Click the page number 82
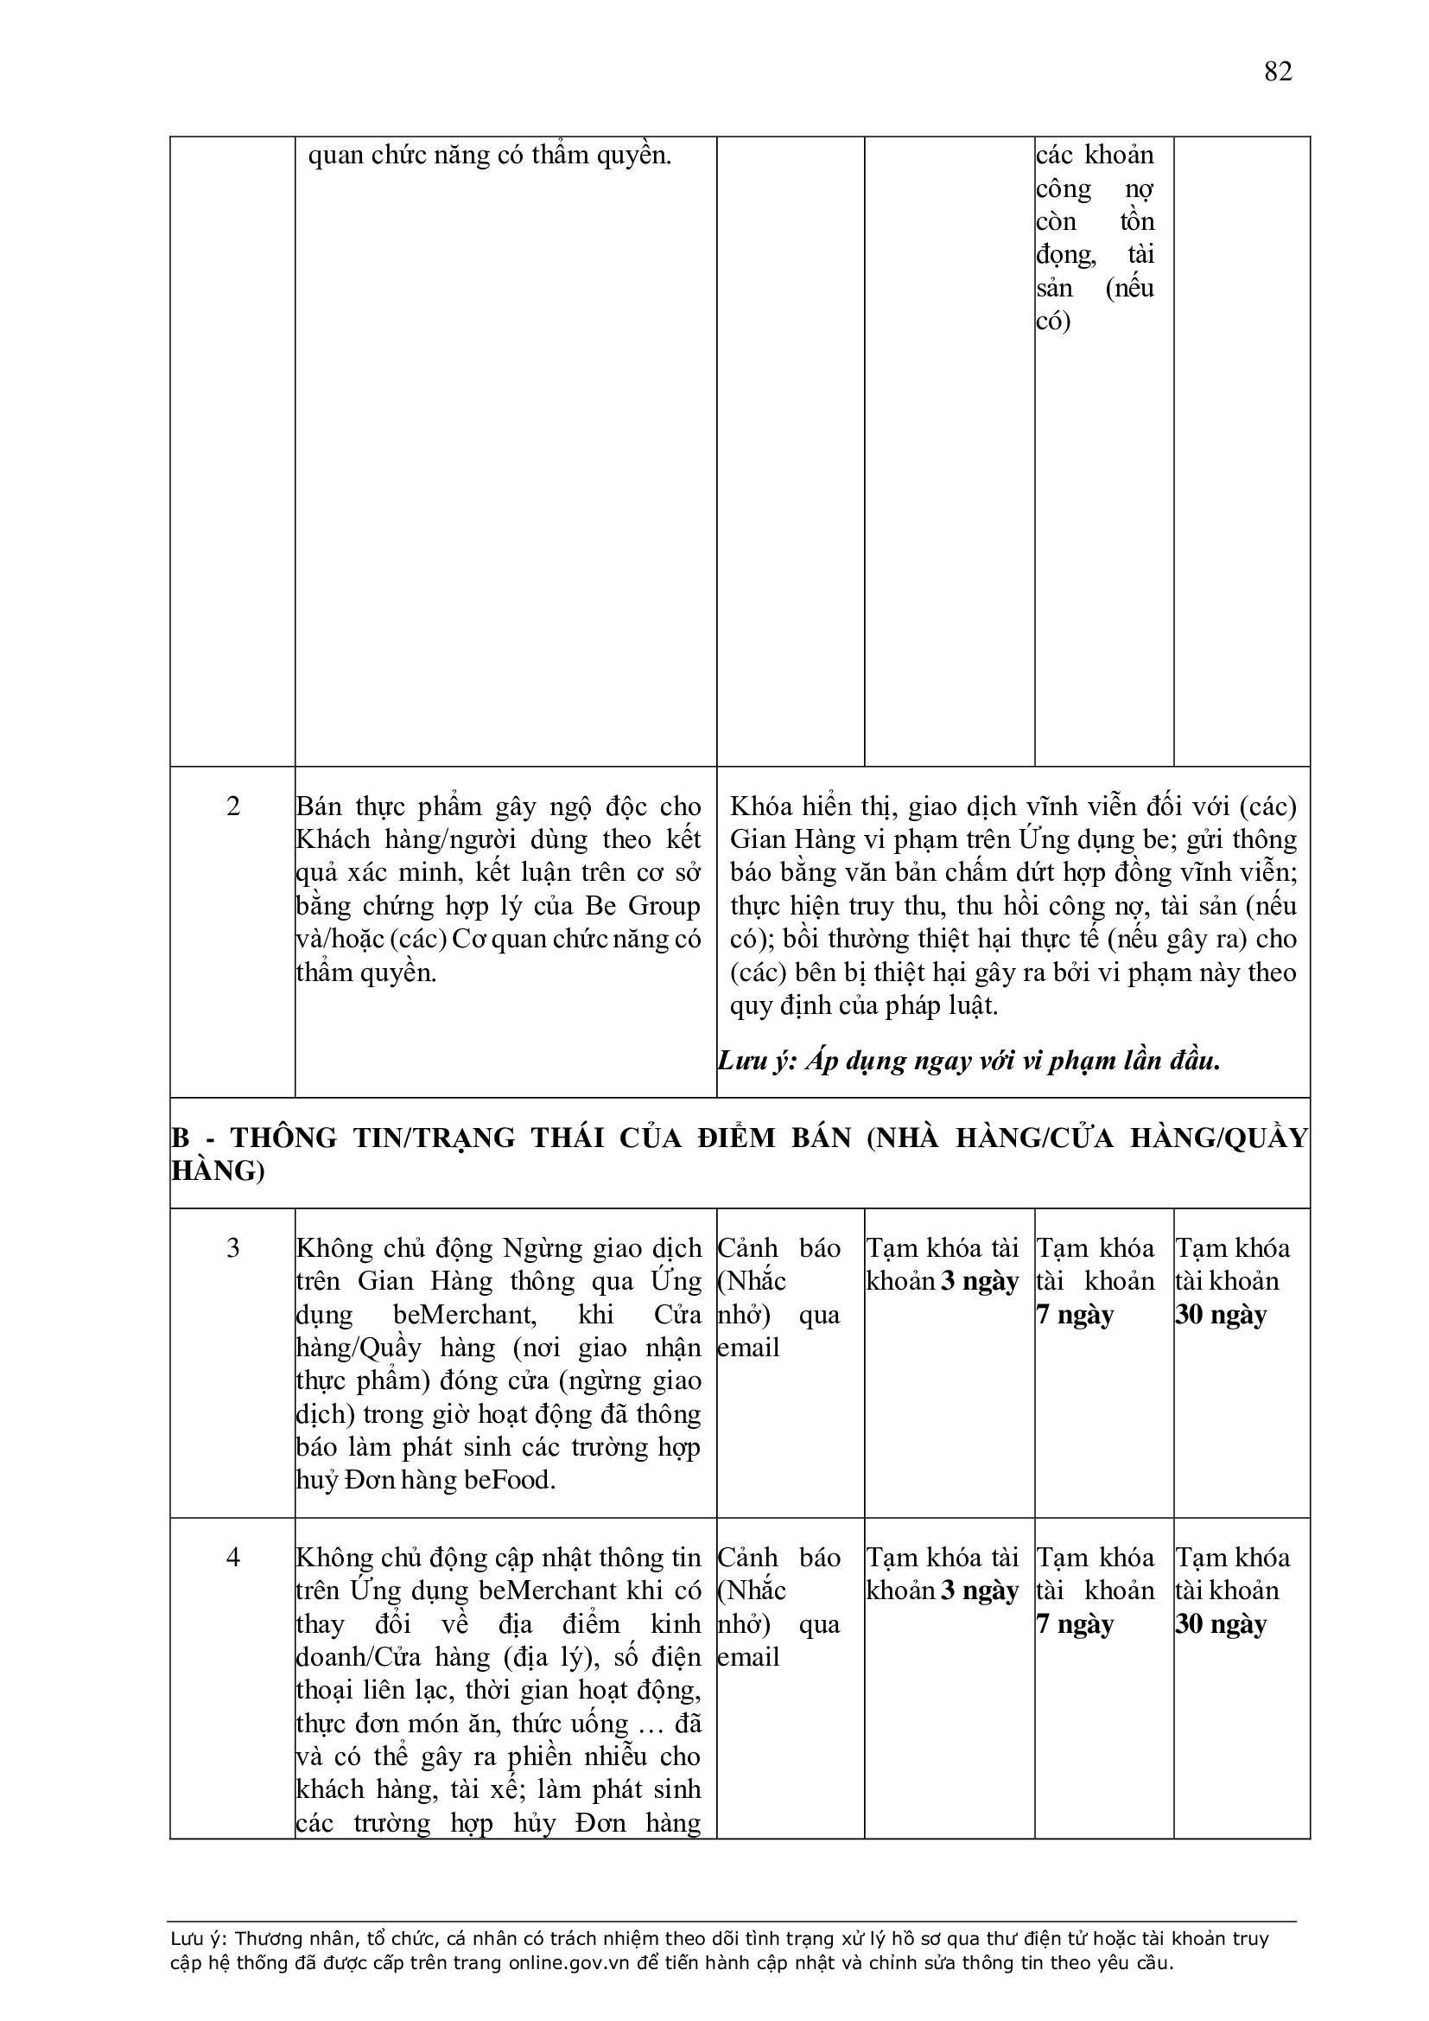click(1278, 71)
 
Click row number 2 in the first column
click(232, 806)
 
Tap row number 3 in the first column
click(232, 1248)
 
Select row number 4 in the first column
click(232, 1557)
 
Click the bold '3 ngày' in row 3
click(980, 1281)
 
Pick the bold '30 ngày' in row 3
click(1221, 1314)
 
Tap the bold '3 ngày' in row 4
click(980, 1590)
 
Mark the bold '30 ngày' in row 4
click(1221, 1623)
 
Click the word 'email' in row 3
click(748, 1348)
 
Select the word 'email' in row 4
click(748, 1656)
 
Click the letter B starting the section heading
click(180, 1138)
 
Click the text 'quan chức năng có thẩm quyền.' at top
click(489, 156)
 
